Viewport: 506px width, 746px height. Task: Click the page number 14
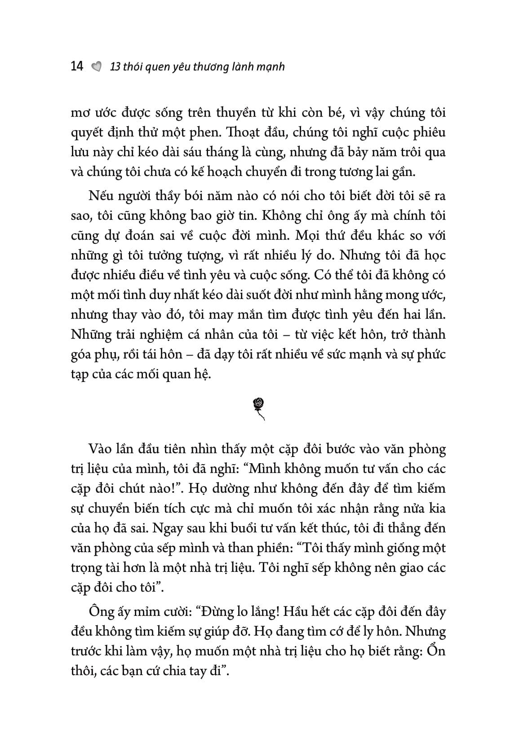coord(77,66)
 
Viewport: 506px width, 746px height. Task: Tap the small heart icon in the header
coord(96,67)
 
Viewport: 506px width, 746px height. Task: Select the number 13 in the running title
coord(115,67)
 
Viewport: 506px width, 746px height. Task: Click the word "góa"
coord(83,355)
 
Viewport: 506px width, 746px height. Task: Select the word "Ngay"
coord(167,528)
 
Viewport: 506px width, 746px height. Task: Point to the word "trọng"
coord(86,568)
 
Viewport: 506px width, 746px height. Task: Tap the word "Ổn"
coord(435,651)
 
